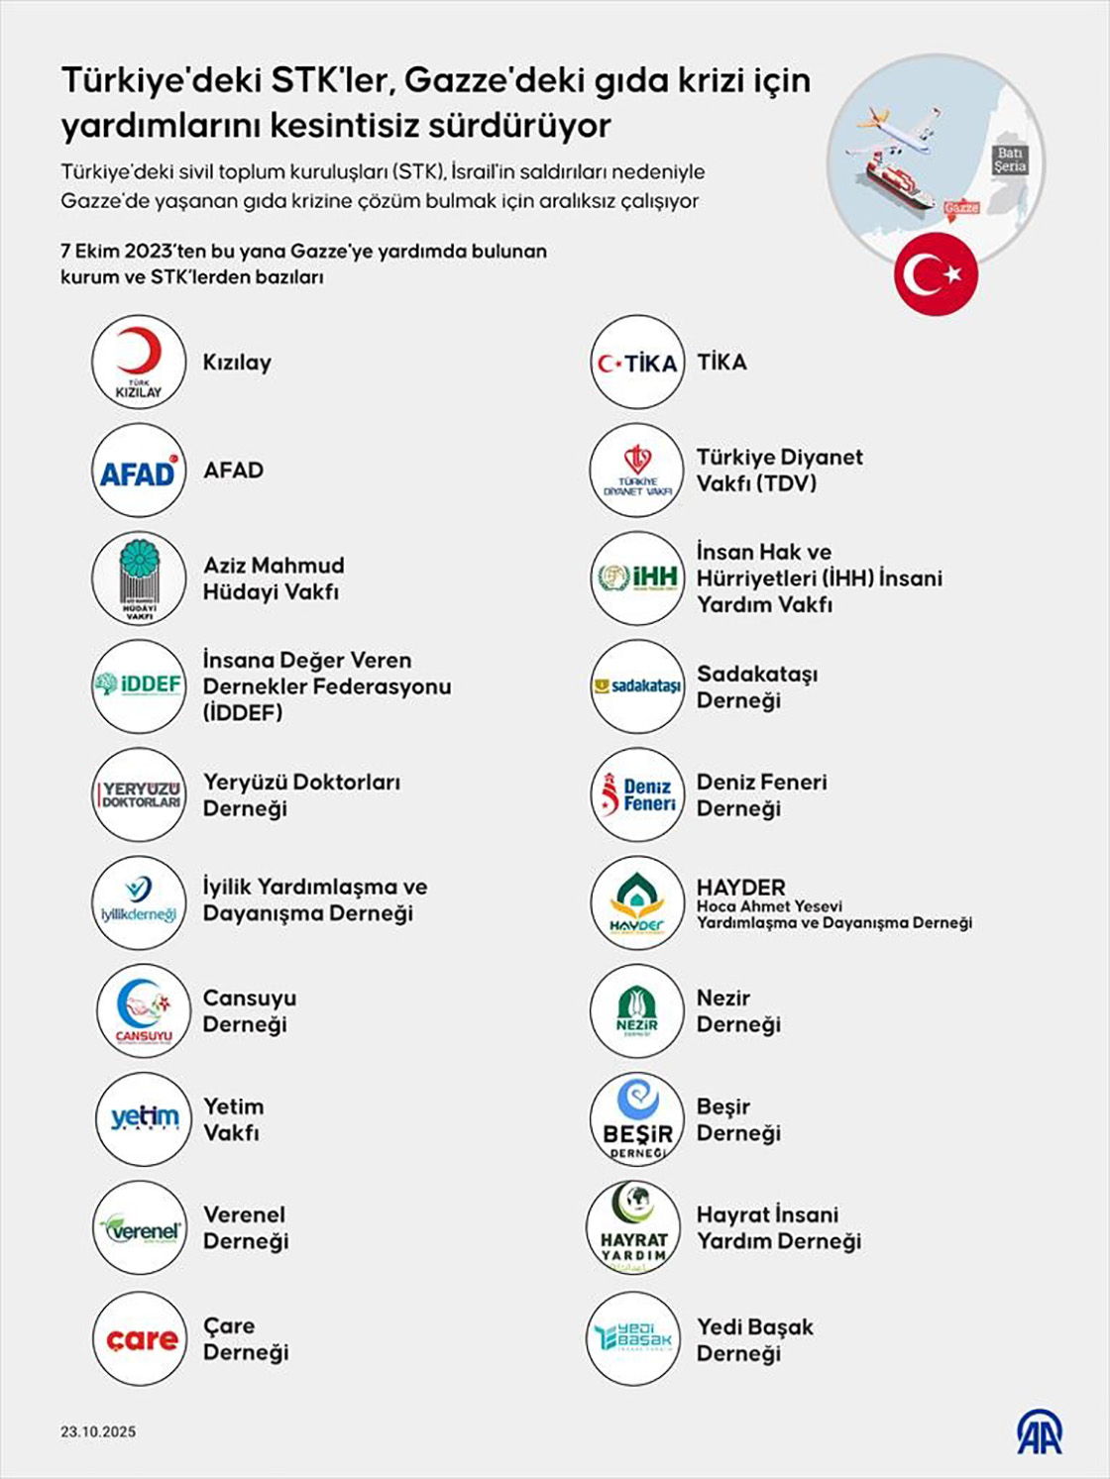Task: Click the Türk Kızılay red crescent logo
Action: tap(139, 362)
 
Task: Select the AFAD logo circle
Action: tap(139, 471)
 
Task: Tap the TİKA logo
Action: tap(637, 363)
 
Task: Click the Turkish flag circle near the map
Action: tap(936, 275)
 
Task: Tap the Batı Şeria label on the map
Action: tap(1010, 159)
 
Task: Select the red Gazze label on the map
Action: tap(961, 208)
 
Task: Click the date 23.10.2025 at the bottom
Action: tap(98, 1431)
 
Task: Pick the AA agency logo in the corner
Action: tap(1039, 1431)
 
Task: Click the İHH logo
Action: tap(637, 579)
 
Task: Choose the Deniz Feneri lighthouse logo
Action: tap(637, 795)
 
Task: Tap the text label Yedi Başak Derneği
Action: tap(754, 1339)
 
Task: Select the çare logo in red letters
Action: tap(141, 1339)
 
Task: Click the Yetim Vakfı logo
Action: tap(143, 1118)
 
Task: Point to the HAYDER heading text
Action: tap(740, 887)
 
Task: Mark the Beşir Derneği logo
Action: tap(637, 1119)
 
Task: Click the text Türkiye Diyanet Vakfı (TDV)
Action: tap(779, 470)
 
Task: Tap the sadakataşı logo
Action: tap(637, 687)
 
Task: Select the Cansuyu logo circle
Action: tap(143, 1010)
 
